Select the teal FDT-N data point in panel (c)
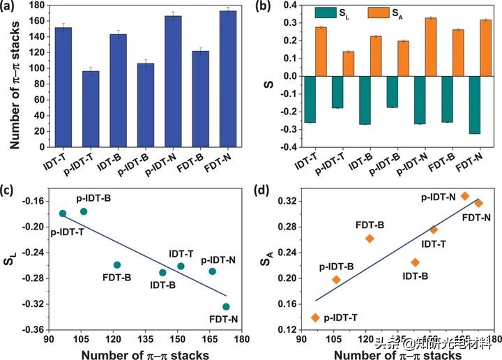pyautogui.click(x=226, y=306)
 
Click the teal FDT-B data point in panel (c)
pyautogui.click(x=117, y=264)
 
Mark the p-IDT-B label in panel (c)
pyautogui.click(x=92, y=199)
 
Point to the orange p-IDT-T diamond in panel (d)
pyautogui.click(x=315, y=317)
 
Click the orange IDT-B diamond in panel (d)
pyautogui.click(x=415, y=262)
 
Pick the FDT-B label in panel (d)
pyautogui.click(x=370, y=225)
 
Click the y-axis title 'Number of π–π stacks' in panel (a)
pyautogui.click(x=13, y=75)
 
